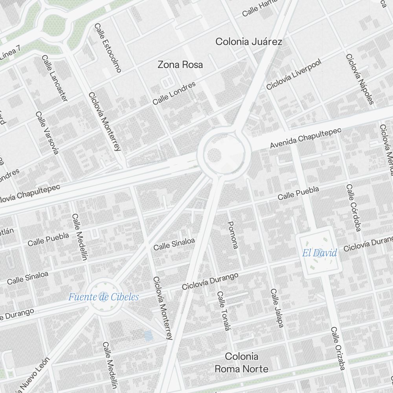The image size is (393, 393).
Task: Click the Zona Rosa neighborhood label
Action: pyautogui.click(x=180, y=65)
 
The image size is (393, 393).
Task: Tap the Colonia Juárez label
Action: pyautogui.click(x=249, y=42)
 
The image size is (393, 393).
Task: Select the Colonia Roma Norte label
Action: pyautogui.click(x=241, y=363)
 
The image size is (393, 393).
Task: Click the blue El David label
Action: pyautogui.click(x=320, y=253)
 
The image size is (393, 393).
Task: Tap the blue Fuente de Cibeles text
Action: pyautogui.click(x=103, y=297)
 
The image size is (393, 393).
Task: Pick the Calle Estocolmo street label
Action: pyautogui.click(x=108, y=48)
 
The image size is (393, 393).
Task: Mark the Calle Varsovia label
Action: pyautogui.click(x=47, y=132)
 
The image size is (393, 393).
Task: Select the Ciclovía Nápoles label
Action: pyautogui.click(x=359, y=79)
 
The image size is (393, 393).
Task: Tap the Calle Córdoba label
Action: pyautogui.click(x=353, y=208)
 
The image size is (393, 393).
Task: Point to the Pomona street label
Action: pyautogui.click(x=233, y=235)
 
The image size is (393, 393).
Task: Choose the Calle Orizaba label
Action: pyautogui.click(x=338, y=348)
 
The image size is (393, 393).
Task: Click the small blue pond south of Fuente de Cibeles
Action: pyautogui.click(x=148, y=336)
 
